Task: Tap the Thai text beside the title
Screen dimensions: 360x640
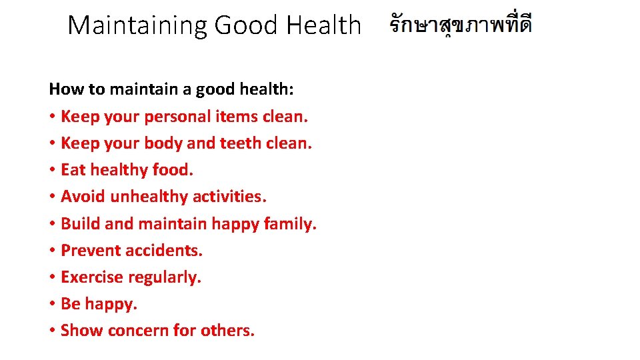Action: coord(461,26)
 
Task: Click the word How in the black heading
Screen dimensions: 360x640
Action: coord(63,89)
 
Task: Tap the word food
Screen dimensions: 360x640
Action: coord(173,170)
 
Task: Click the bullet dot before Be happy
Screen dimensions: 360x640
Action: coord(52,305)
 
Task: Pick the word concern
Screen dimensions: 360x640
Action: coord(138,331)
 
